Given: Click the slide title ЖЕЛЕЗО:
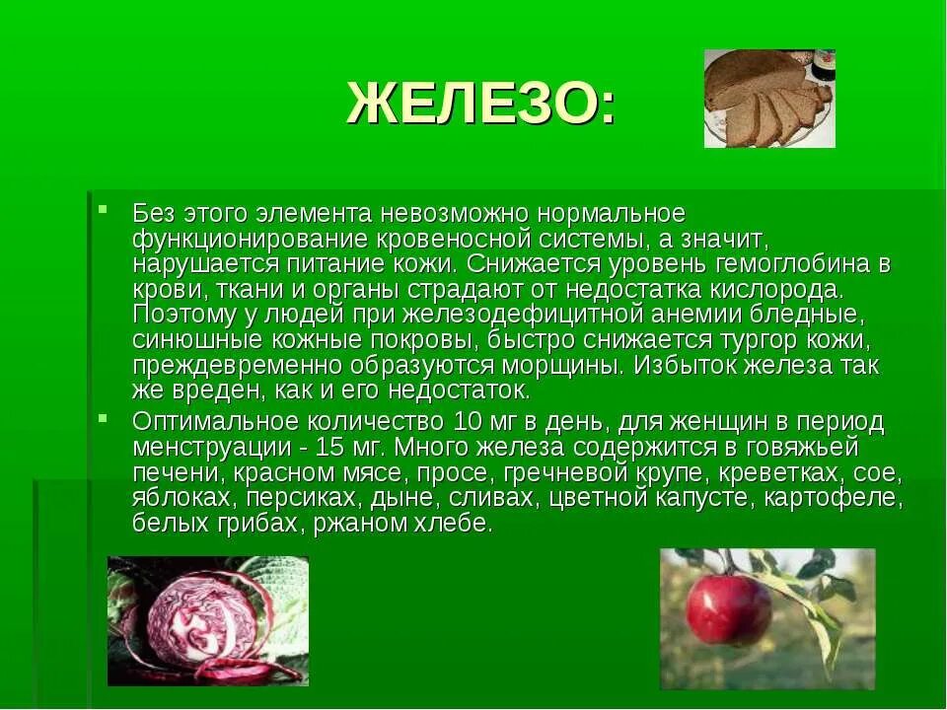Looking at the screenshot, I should click(480, 103).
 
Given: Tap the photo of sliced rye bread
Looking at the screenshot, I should click(769, 98).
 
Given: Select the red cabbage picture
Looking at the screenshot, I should click(208, 620).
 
